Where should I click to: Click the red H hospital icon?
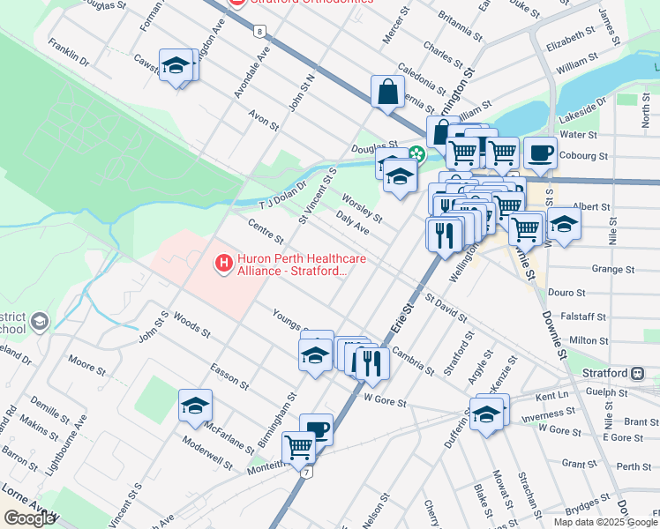tap(224, 263)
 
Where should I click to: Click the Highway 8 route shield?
tap(259, 32)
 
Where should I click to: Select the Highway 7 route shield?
tap(306, 473)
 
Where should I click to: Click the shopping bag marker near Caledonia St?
tap(387, 91)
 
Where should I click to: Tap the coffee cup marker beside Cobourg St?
tap(539, 152)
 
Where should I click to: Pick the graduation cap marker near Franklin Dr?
tap(176, 64)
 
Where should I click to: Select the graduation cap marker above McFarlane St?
tap(195, 406)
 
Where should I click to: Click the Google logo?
tap(29, 518)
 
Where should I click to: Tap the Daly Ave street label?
tap(352, 222)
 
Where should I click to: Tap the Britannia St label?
tap(454, 33)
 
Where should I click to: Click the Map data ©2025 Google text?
tap(604, 521)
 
